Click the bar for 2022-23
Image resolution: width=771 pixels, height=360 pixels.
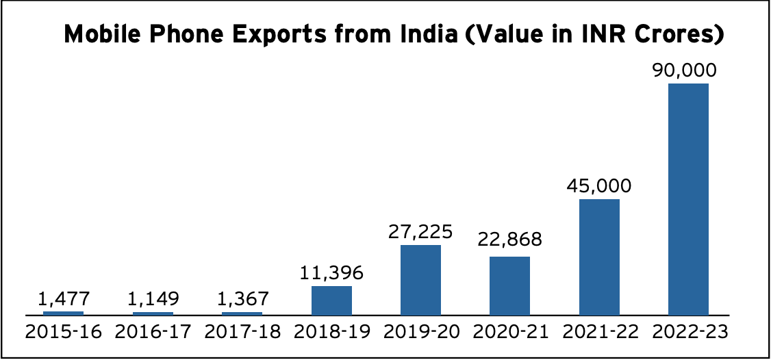pyautogui.click(x=688, y=198)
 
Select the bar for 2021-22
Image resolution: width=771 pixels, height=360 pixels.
pyautogui.click(x=599, y=257)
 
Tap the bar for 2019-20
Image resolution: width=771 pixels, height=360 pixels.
pyautogui.click(x=420, y=279)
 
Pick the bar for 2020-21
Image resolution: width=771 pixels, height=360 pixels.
pyautogui.click(x=509, y=285)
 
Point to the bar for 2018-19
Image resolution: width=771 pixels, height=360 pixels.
pyautogui.click(x=331, y=300)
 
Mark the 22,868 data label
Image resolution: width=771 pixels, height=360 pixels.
pyautogui.click(x=509, y=240)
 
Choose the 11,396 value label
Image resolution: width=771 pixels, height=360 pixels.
pyautogui.click(x=331, y=273)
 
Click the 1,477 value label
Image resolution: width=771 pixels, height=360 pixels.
pyautogui.click(x=63, y=299)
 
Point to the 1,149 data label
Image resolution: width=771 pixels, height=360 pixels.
pyautogui.click(x=153, y=299)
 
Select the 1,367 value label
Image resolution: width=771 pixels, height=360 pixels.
pyautogui.click(x=242, y=299)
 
